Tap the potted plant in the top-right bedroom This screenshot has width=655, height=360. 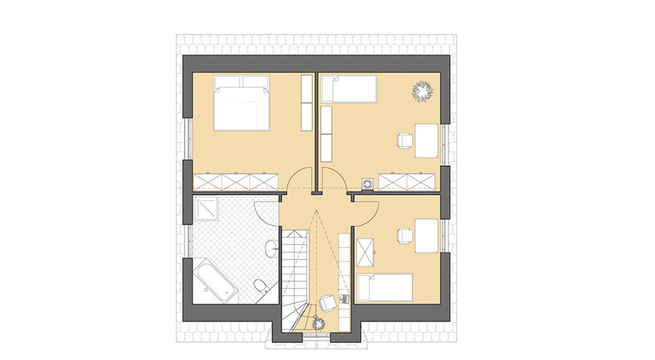[423, 91]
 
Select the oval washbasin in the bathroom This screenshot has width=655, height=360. [270, 249]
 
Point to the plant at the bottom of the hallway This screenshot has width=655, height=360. [320, 323]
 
